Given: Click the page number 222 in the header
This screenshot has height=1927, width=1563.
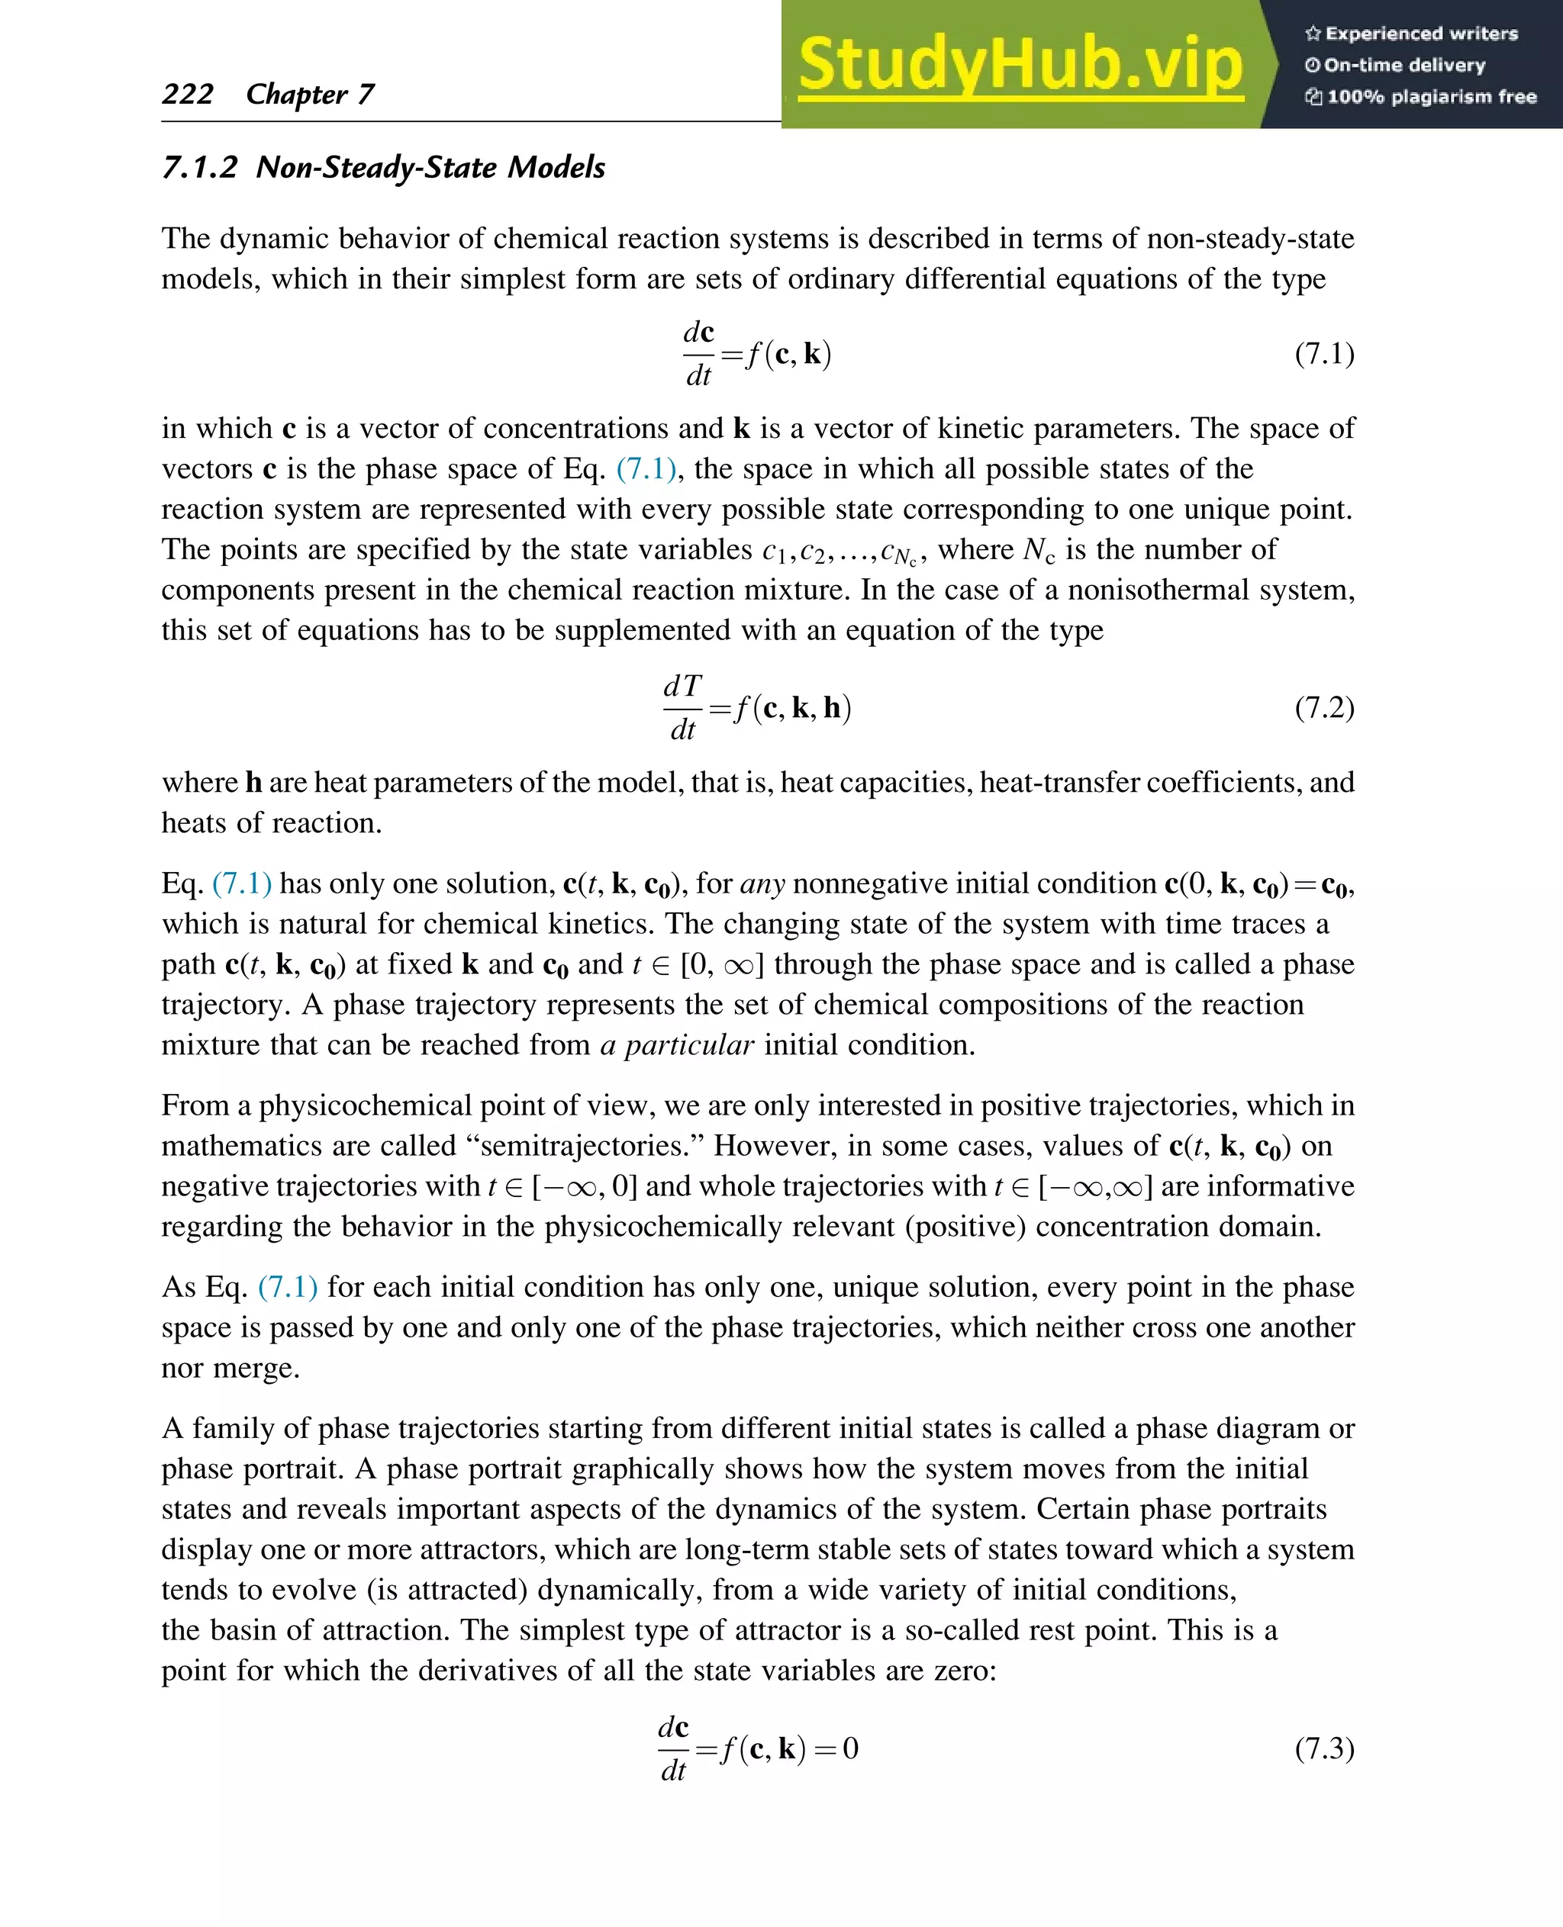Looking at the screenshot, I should (187, 94).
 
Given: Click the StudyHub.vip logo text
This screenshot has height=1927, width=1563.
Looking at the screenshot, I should (1020, 65).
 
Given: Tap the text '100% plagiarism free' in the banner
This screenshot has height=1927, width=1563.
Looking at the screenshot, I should (1432, 96).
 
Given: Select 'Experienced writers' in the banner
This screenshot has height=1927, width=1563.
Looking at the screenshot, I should (1421, 34).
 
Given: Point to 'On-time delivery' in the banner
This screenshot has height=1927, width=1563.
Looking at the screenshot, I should (1403, 65).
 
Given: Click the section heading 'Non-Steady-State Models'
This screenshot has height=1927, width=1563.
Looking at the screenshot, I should (430, 167).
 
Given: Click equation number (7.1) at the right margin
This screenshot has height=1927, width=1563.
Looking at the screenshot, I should (1323, 354).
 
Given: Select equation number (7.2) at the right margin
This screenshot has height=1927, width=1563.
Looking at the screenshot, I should (1323, 707).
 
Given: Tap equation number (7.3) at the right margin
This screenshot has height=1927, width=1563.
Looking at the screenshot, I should (1323, 1748).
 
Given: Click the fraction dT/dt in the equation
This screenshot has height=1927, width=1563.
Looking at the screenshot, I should (682, 707).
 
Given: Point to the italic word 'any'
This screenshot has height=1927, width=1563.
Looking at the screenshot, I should (762, 883).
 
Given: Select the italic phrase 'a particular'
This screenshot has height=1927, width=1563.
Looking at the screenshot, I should (676, 1045).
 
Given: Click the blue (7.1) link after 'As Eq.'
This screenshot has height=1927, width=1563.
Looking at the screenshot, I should (287, 1287).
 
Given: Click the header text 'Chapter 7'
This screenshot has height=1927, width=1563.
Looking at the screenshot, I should (310, 94).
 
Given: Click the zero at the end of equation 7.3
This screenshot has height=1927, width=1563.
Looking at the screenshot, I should (850, 1748).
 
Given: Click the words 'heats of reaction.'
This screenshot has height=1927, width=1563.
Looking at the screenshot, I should (271, 822).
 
